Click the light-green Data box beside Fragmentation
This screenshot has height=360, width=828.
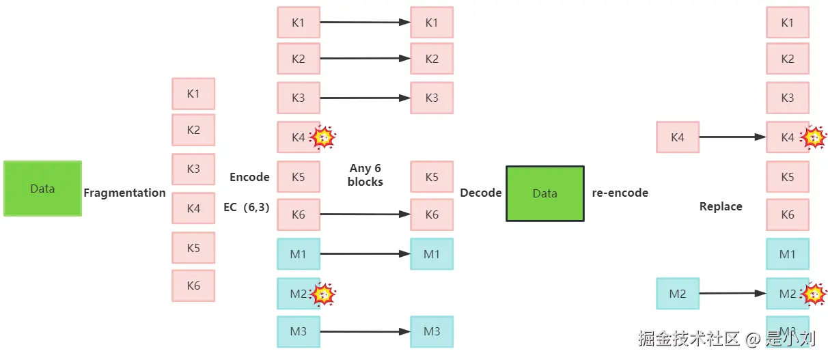[42, 189]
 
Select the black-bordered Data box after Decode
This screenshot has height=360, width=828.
[544, 193]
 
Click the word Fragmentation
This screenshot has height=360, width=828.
[124, 193]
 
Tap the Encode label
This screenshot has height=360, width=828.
[249, 177]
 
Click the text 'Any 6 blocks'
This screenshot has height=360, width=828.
[365, 175]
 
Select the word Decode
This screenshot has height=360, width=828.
[481, 193]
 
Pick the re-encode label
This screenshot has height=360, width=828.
[620, 193]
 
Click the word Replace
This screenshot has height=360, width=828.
[721, 206]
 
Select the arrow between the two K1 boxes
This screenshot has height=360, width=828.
[365, 23]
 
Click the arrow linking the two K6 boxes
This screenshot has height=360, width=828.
[365, 214]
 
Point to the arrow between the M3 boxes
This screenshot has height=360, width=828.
[365, 332]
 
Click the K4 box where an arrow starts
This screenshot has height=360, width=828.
[677, 137]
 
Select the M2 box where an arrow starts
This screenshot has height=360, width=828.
[677, 294]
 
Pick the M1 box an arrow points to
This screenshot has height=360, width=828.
[432, 254]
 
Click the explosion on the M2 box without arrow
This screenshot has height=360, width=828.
[323, 294]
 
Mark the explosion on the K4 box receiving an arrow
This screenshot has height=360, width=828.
[813, 138]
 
